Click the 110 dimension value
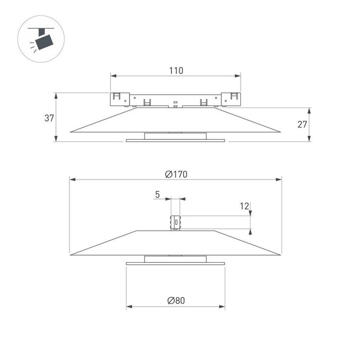point(176,70)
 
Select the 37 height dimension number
point(49,118)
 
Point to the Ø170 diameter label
point(176,174)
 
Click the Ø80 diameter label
point(176,301)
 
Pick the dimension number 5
point(157,194)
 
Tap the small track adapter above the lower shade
point(176,222)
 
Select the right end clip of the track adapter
point(234,97)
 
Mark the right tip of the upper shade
point(280,132)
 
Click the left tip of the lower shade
point(71,255)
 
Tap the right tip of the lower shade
point(281,255)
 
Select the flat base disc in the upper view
point(176,140)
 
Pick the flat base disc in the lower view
point(176,263)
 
